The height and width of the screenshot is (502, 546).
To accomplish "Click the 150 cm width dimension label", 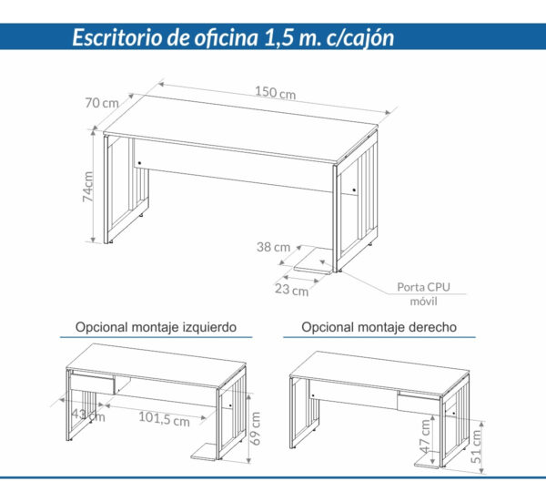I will coord(275,93).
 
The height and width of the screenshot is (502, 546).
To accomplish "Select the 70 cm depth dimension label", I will coord(102,103).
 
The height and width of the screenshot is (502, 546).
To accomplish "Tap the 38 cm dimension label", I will coord(273,246).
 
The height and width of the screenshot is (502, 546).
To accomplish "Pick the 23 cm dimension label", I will coord(291,291).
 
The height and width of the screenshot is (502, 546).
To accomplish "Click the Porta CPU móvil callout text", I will coord(424,293).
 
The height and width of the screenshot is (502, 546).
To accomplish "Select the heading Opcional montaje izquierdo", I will coord(157,325).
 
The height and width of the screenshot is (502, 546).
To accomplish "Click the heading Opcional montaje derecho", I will coord(379,325).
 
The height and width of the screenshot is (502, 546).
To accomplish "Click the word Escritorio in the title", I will coord(117,38).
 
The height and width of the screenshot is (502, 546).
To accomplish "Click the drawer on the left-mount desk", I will coord(91,383).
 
